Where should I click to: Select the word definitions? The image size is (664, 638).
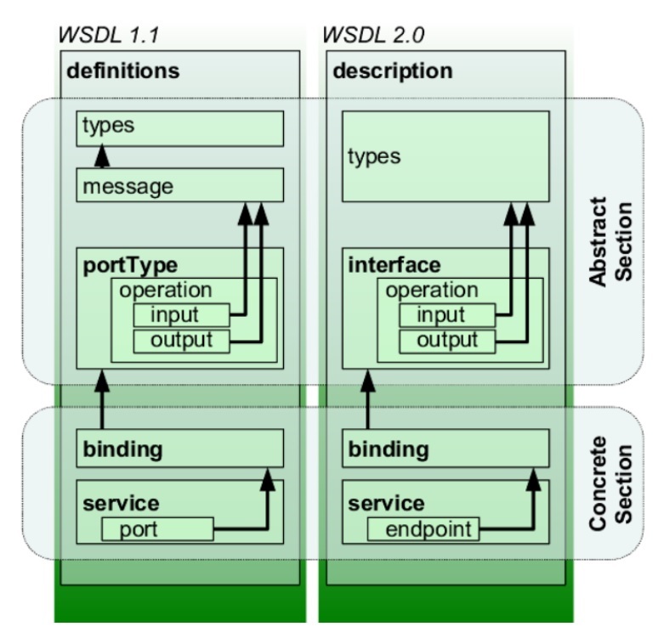123,71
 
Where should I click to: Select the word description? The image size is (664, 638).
393,71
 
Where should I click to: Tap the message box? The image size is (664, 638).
180,185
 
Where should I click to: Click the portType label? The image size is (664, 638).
130,265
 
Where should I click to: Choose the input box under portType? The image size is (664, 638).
181,314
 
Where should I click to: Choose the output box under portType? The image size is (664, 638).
181,342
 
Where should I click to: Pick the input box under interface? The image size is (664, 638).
447,314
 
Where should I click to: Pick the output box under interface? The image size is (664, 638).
447,342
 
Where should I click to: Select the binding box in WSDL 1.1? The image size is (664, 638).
180,449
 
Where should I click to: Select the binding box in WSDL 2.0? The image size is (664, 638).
446,449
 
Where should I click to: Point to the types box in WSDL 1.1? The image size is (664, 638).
180,127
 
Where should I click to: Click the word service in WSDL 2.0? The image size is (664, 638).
387,503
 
